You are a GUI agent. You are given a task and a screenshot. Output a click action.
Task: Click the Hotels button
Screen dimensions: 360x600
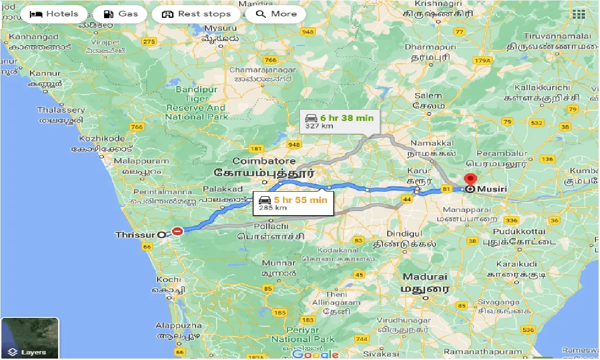point(54,14)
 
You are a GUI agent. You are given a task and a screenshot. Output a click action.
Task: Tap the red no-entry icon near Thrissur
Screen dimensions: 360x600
point(177,231)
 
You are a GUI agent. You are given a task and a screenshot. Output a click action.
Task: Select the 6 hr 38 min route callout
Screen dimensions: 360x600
point(337,121)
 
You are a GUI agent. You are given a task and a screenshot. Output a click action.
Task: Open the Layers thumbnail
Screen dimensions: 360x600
point(30,338)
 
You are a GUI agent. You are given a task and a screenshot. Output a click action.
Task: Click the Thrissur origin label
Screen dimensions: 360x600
point(135,234)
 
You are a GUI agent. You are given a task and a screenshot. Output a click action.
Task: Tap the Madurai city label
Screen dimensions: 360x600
point(424,277)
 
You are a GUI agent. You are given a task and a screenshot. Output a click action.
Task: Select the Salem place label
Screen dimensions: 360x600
point(428,96)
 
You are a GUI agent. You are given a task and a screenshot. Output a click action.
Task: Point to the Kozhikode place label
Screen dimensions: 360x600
point(102,138)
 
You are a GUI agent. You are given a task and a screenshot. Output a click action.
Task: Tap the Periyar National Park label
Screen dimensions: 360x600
point(303,334)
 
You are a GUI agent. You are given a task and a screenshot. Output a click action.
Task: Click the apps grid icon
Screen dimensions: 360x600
point(579,14)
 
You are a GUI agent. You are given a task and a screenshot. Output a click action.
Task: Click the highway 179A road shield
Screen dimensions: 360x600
point(481,60)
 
